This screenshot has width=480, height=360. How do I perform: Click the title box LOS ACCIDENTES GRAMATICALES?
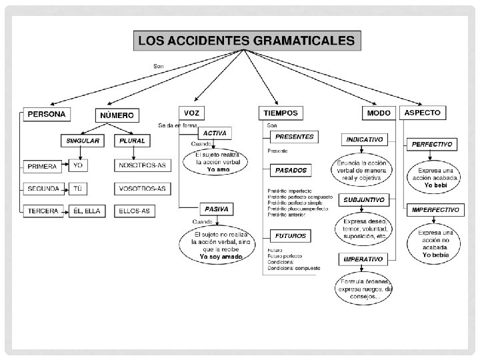click(246, 41)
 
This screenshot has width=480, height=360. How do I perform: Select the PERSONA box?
click(47, 114)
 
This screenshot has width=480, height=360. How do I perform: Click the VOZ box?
click(191, 113)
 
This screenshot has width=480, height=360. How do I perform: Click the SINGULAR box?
click(83, 141)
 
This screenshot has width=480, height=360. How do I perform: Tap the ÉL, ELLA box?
click(87, 211)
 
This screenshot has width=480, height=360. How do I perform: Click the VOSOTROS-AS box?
click(141, 188)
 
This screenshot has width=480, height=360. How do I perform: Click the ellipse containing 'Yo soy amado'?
click(217, 245)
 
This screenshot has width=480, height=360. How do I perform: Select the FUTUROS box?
click(292, 236)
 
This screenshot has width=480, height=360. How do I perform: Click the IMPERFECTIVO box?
click(435, 209)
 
